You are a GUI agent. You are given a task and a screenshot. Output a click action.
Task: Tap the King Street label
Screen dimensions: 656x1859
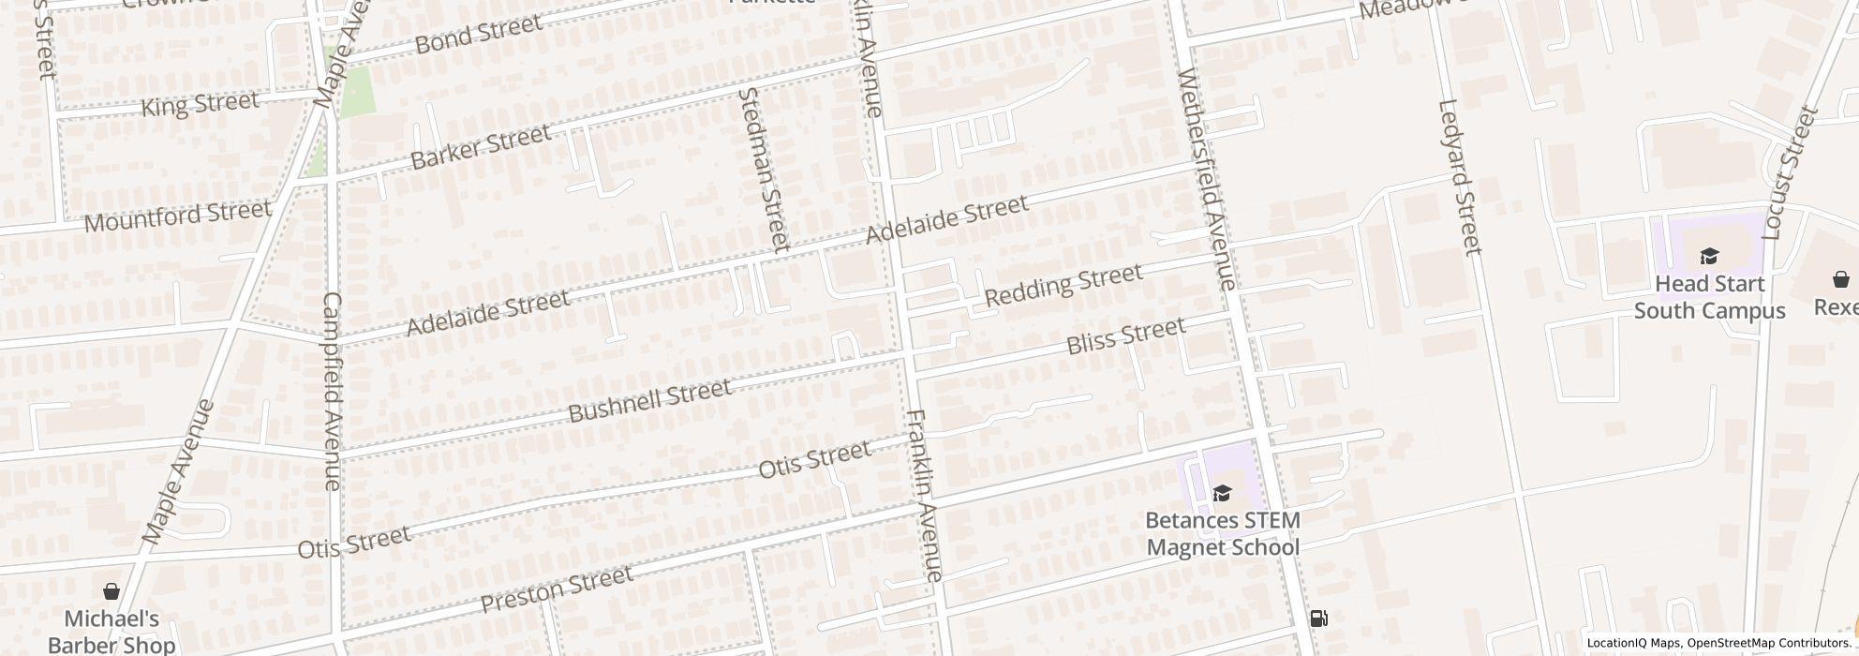pyautogui.click(x=200, y=103)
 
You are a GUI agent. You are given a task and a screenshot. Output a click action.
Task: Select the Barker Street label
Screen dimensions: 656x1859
pyautogui.click(x=481, y=147)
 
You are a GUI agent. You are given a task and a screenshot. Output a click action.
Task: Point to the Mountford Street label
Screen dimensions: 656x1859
pyautogui.click(x=177, y=216)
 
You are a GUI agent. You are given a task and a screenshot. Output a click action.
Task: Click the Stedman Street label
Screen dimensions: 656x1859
pyautogui.click(x=765, y=169)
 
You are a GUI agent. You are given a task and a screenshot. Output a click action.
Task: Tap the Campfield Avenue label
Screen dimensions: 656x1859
pyautogui.click(x=332, y=391)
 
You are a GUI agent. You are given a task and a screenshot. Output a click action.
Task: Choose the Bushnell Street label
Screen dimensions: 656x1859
pyautogui.click(x=649, y=400)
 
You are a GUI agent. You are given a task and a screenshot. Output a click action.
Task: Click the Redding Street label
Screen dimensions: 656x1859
pyautogui.click(x=1063, y=285)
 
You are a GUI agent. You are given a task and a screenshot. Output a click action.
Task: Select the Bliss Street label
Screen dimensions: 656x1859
pyautogui.click(x=1126, y=336)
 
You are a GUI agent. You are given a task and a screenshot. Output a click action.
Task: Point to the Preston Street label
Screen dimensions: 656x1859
pyautogui.click(x=557, y=589)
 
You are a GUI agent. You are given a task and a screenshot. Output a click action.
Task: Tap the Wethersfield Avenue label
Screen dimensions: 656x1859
pyautogui.click(x=1210, y=178)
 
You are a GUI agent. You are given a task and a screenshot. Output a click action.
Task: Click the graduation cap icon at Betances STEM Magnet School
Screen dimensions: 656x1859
pyautogui.click(x=1222, y=493)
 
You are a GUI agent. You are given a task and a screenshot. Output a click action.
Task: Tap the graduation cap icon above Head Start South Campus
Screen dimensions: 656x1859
pyautogui.click(x=1709, y=256)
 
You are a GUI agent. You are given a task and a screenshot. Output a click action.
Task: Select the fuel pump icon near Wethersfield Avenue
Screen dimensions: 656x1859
pyautogui.click(x=1318, y=618)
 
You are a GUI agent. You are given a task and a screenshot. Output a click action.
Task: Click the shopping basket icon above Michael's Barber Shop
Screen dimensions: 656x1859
pyautogui.click(x=111, y=591)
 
